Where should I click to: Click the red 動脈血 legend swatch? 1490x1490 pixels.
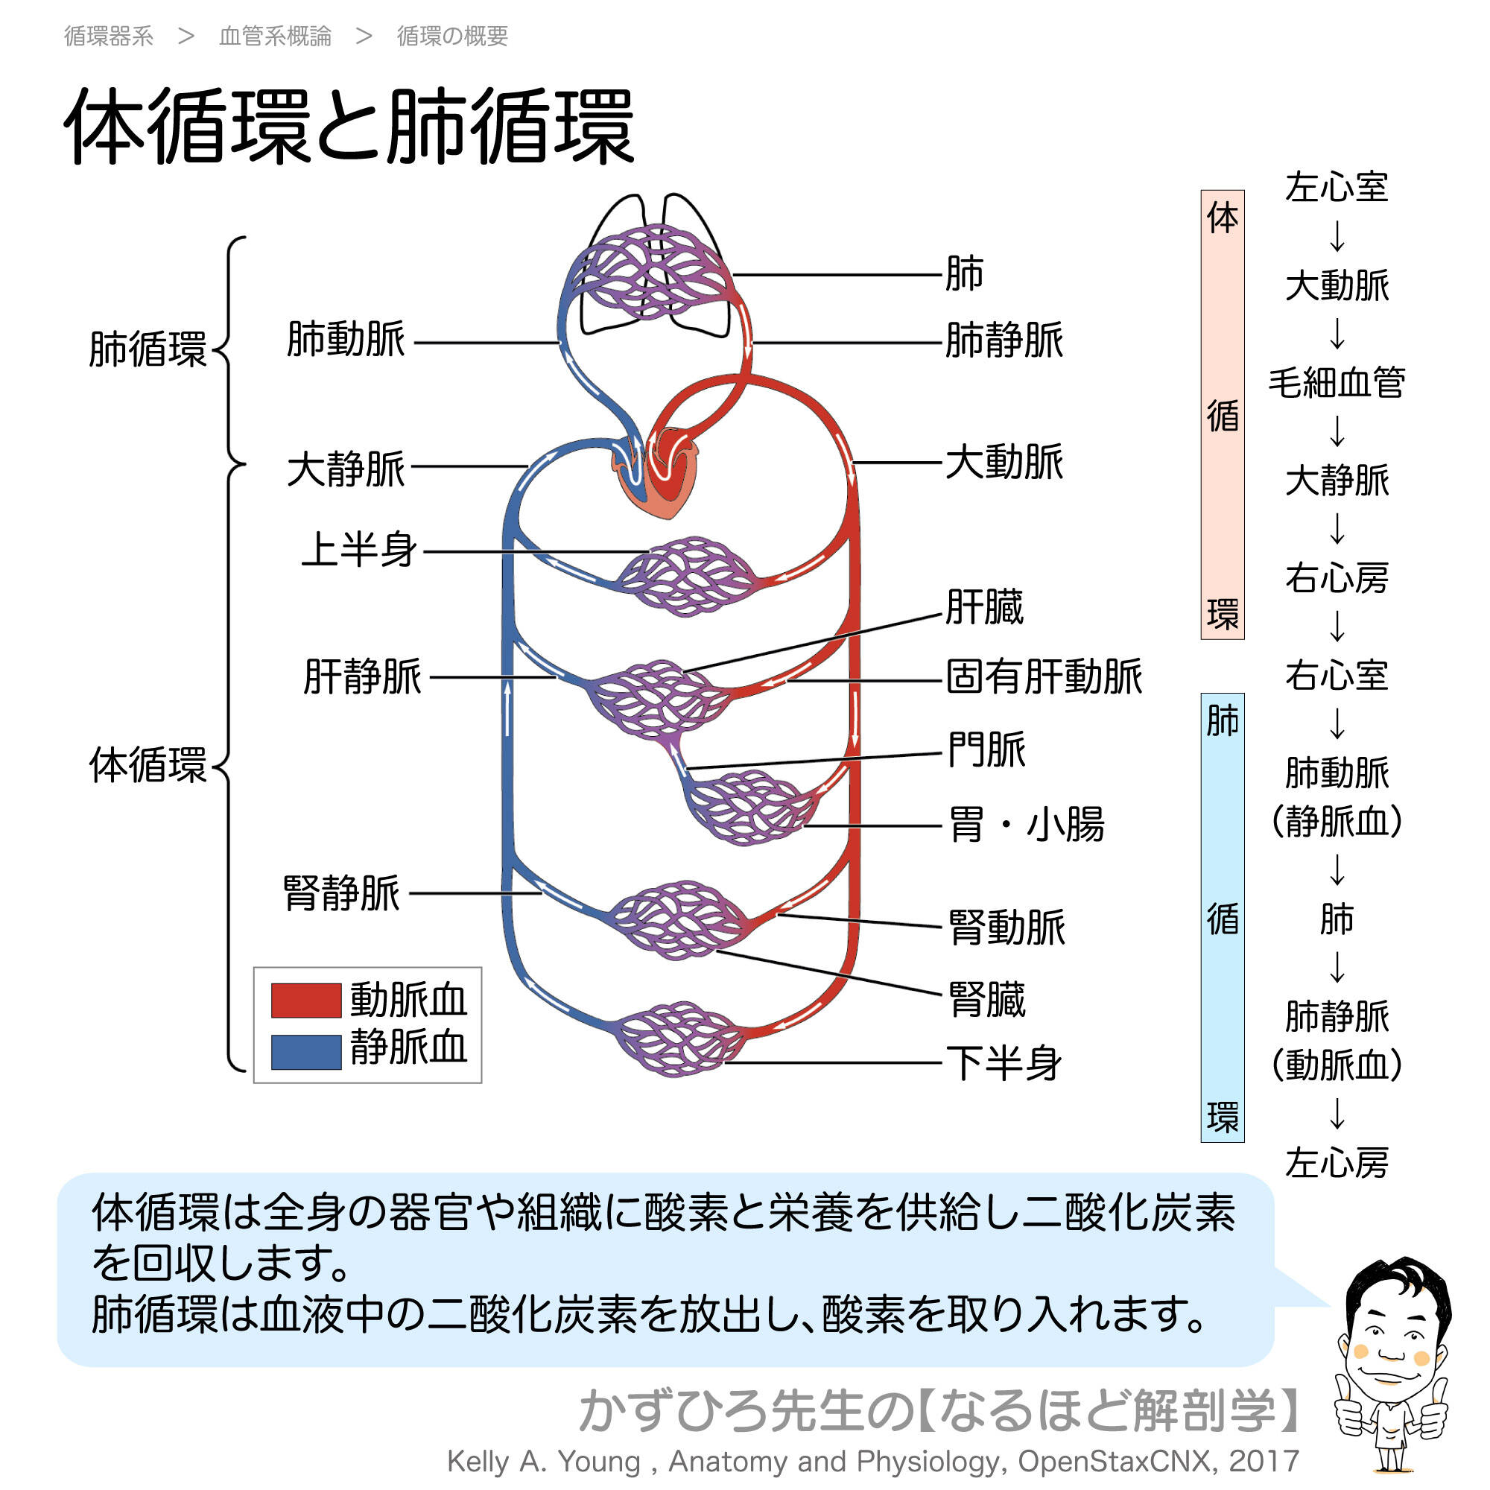point(306,1001)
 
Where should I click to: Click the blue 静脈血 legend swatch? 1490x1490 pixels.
point(306,1051)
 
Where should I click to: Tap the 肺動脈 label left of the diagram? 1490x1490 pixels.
point(346,340)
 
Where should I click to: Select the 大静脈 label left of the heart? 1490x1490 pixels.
point(346,469)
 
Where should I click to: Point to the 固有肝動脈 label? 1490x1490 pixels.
point(1044,677)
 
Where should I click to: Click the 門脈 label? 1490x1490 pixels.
point(986,749)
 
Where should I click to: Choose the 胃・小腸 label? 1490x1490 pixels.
point(1027,824)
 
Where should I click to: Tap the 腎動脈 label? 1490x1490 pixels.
point(1006,927)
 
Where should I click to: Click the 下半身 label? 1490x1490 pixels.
point(1005,1064)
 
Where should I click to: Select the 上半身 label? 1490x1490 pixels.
point(359,551)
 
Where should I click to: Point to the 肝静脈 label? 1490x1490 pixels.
point(363,677)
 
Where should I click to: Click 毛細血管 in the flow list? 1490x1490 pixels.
point(1337,382)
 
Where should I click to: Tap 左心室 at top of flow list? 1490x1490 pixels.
point(1337,188)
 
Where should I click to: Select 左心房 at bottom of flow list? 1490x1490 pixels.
point(1337,1163)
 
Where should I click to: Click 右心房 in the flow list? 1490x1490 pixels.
point(1337,578)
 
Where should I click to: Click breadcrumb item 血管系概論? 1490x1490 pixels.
point(276,37)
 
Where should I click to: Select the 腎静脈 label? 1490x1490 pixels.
point(342,894)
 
